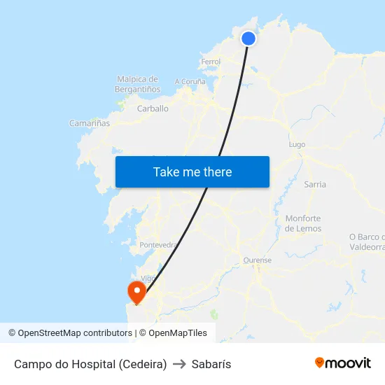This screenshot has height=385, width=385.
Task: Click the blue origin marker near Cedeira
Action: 248,38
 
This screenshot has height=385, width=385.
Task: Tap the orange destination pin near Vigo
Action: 135,291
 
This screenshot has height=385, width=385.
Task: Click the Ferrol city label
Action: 211,62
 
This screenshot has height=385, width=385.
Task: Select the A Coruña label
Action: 190,81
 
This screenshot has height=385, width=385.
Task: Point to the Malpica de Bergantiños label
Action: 138,84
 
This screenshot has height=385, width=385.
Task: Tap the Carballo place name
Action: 153,108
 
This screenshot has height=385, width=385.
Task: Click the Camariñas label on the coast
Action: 90,123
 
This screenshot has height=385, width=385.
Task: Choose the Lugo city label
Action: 297,144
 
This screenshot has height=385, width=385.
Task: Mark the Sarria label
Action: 315,184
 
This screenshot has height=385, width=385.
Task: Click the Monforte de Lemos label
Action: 303,223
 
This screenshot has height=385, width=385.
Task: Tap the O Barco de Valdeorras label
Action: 367,241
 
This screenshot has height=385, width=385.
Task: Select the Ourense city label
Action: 257,260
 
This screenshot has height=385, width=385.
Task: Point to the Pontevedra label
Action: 158,245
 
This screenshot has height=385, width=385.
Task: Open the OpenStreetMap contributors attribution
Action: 75,333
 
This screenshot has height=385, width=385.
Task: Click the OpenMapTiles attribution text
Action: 178,333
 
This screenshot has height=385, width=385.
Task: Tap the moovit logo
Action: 342,363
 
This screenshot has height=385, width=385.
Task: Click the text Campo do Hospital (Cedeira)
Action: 90,364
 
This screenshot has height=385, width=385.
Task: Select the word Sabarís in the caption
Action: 211,364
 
